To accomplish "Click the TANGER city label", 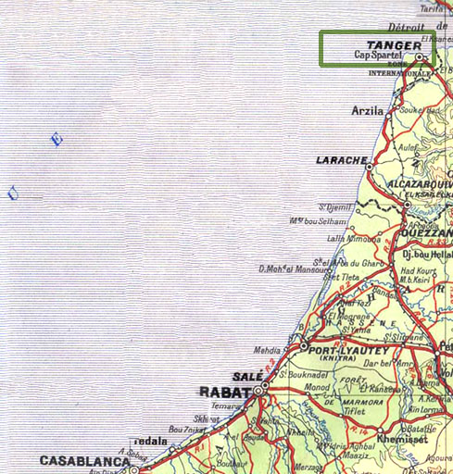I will pos(394,44).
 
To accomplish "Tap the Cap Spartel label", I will pos(380,56).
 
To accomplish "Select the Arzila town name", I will pos(368,110).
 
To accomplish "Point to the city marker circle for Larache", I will pos(369,168).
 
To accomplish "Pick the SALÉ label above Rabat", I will pos(248,377).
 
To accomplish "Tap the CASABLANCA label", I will pos(83,460).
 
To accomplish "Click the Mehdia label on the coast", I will pos(270,351).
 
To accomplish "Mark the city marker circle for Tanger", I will pos(420,56).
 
